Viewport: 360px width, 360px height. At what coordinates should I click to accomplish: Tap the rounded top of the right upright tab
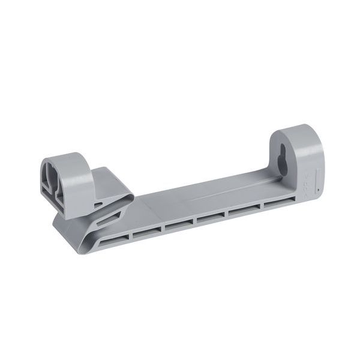click(300, 128)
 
